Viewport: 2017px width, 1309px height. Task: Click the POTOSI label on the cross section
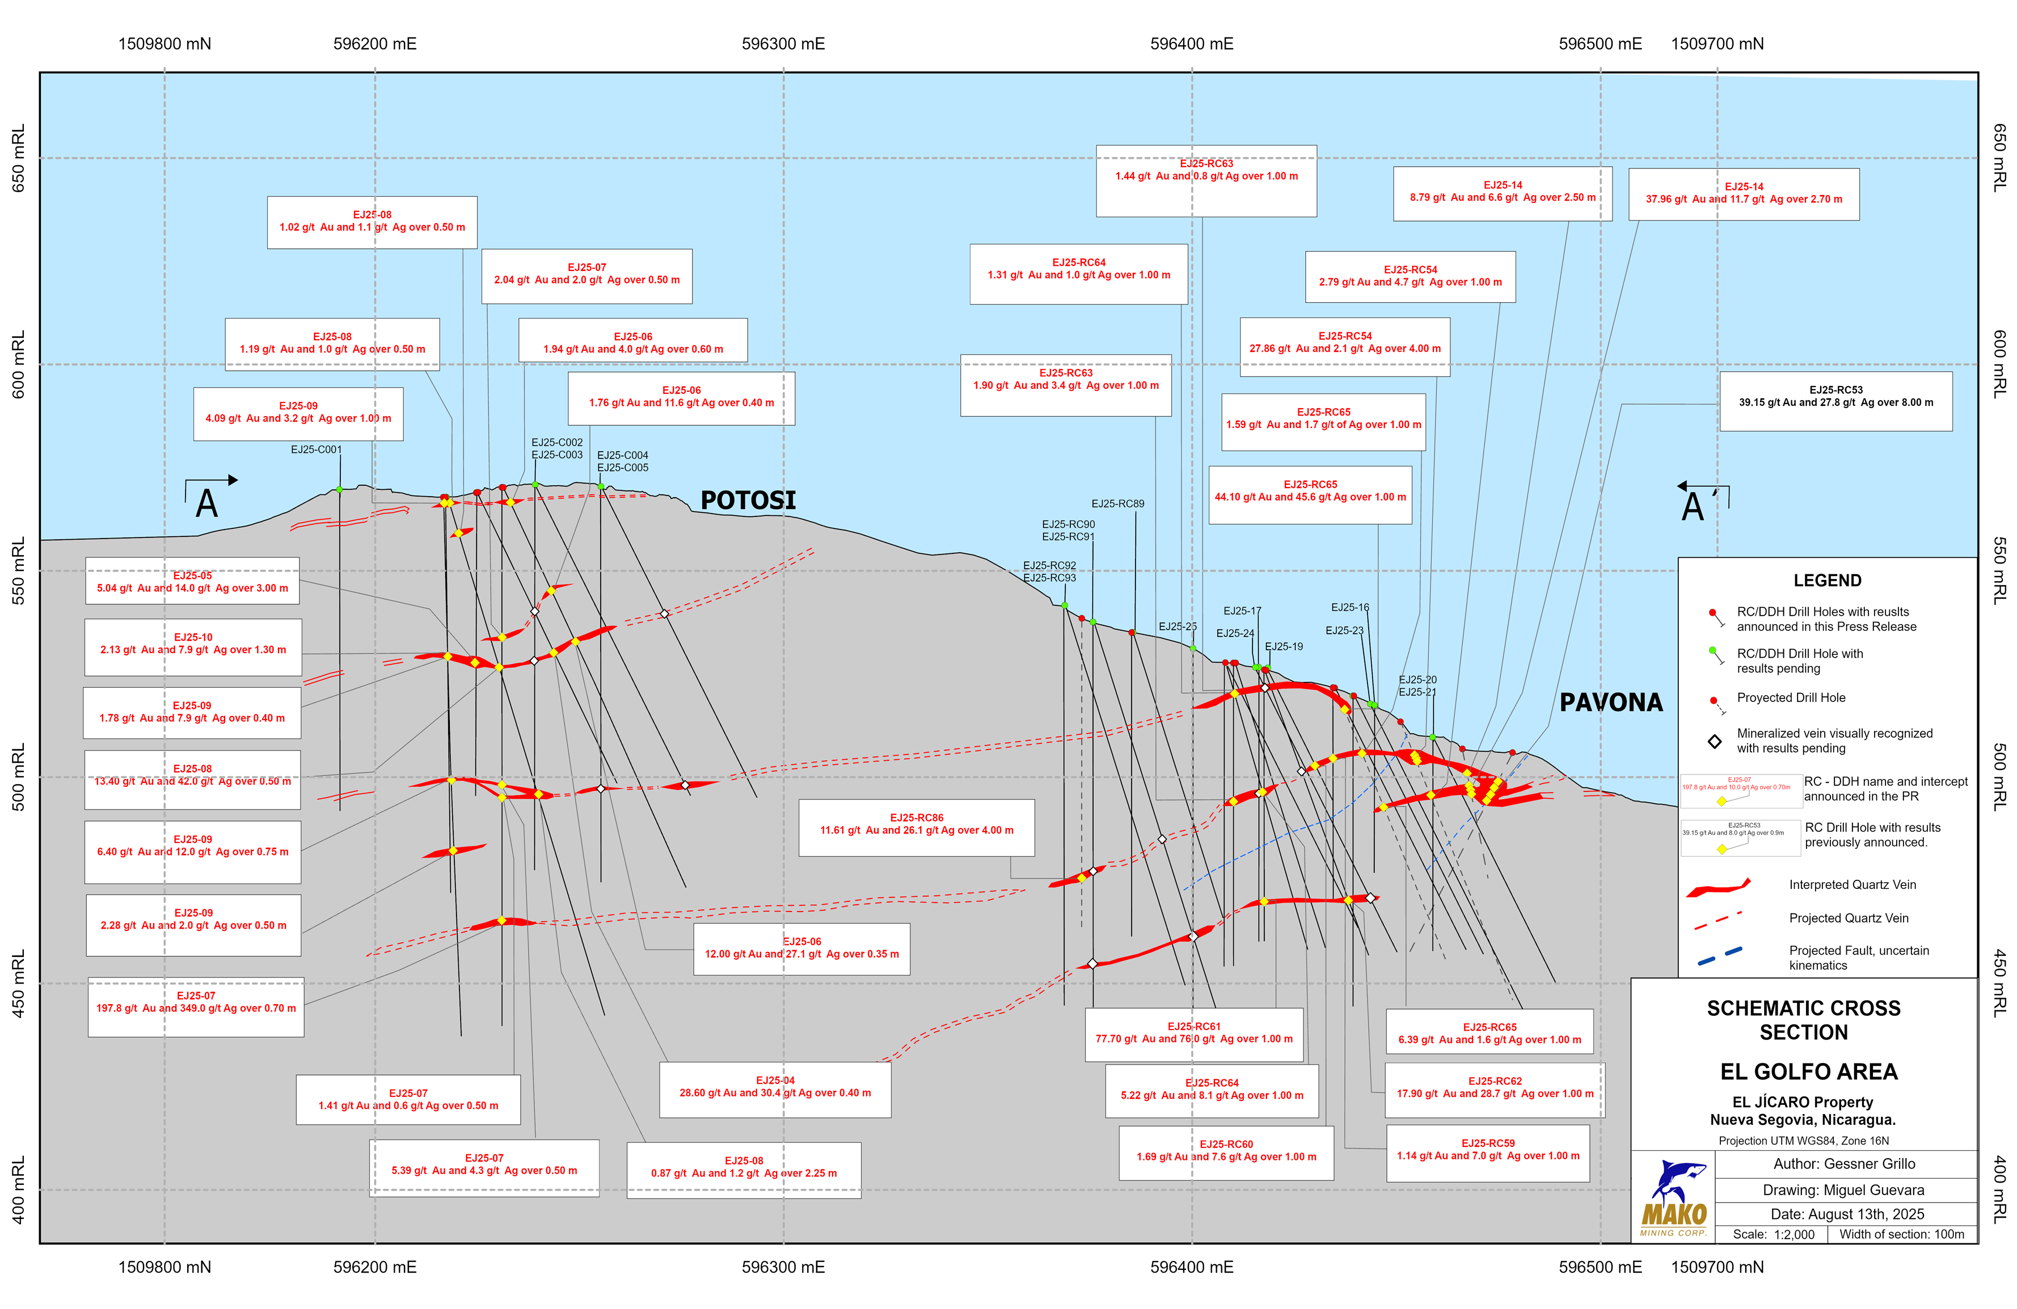(748, 501)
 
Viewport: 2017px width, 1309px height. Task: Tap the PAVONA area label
(1610, 702)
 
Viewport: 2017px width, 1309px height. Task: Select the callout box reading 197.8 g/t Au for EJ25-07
(196, 1006)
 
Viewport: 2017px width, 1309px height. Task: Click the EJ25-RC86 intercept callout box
(916, 827)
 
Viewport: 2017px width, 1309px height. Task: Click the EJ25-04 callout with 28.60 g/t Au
(775, 1088)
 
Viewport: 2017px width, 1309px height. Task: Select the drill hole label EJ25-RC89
(1117, 504)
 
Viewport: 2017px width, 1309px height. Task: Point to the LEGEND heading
(1826, 581)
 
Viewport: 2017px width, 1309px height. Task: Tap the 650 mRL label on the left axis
(18, 158)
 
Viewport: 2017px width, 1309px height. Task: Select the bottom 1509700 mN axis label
(1716, 1268)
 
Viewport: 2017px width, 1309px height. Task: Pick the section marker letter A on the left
(207, 504)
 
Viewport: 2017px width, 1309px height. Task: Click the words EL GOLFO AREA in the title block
(1808, 1073)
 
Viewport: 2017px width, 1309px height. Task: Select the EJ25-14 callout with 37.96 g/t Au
(1743, 194)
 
